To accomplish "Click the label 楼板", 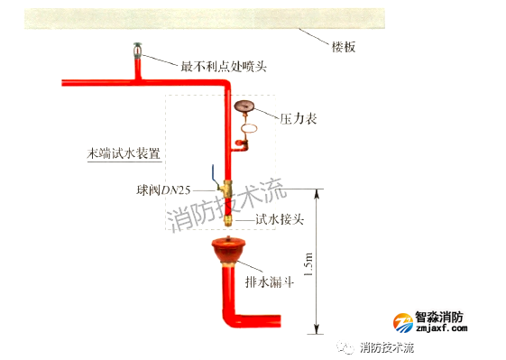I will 344,47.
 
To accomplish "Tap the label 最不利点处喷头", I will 225,66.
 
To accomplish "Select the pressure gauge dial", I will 244,106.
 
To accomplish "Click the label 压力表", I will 298,119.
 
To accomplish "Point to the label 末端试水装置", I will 124,154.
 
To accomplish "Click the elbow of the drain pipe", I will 229,320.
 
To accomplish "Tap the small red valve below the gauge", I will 241,141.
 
